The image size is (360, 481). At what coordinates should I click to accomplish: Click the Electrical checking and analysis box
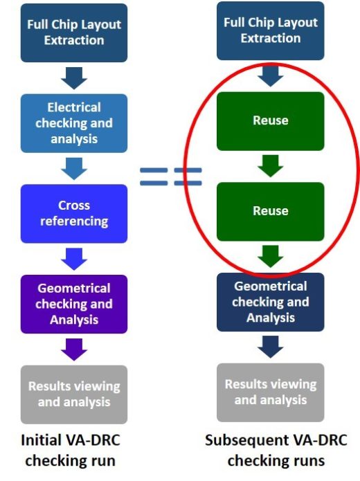74,123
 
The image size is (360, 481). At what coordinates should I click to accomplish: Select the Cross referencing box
74,213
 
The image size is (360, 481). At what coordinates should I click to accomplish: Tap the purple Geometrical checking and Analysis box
74,304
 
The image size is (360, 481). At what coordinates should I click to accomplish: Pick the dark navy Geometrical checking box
271,302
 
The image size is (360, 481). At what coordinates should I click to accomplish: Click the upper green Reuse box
271,121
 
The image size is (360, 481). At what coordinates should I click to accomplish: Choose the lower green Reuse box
271,212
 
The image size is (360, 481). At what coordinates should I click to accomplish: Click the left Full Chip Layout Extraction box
74,33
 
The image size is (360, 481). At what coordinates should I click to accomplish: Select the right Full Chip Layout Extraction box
271,30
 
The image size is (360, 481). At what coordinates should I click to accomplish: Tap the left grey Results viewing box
74,394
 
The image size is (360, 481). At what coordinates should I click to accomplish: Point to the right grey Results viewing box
271,392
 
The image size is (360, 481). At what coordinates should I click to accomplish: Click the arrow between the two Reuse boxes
271,165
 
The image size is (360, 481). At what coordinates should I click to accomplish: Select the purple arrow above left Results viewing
74,350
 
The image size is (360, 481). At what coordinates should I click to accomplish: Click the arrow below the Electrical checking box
74,168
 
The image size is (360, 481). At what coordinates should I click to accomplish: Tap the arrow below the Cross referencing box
74,259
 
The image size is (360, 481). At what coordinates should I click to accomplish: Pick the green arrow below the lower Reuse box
271,256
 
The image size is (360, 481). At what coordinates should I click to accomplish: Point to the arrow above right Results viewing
271,347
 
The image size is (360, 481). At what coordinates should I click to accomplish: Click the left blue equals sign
154,176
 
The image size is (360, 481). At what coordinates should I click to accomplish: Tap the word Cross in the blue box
74,206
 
